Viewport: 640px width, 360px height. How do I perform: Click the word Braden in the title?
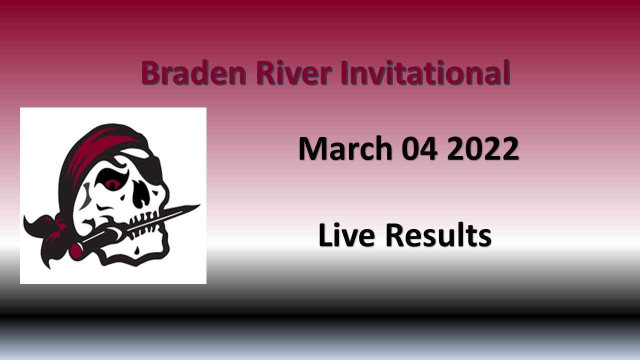pos(193,73)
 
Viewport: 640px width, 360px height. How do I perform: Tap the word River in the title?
pos(294,72)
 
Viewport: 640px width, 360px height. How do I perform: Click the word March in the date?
pos(345,148)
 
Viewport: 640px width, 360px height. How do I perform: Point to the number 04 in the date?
pos(419,149)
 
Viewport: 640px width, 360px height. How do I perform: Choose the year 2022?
pos(483,149)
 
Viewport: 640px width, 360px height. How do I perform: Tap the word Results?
pos(438,235)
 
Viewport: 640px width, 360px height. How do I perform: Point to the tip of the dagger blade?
pos(199,205)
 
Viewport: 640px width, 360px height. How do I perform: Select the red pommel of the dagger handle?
pos(75,250)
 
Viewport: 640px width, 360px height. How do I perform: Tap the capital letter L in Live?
pos(325,235)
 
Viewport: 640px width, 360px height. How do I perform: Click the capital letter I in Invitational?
pos(345,73)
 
